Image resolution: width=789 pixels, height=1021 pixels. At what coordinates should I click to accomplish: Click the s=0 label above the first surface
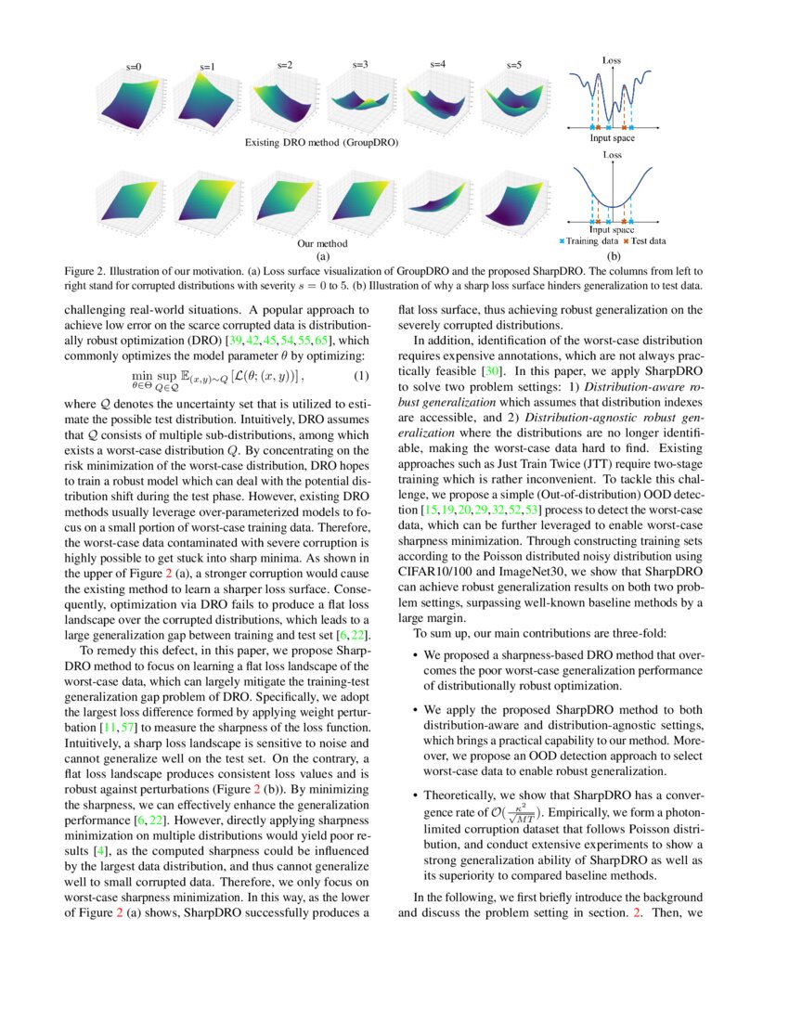coord(134,67)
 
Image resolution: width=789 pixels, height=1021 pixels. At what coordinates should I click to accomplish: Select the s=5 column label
coord(513,65)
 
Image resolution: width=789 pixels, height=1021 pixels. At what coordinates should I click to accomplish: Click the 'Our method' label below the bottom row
coord(321,243)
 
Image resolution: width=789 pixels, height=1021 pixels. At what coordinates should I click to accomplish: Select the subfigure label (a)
coord(322,254)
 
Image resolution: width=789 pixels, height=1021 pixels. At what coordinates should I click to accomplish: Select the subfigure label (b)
coord(612,254)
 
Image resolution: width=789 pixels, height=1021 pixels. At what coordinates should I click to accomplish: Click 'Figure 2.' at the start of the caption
coord(85,271)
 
